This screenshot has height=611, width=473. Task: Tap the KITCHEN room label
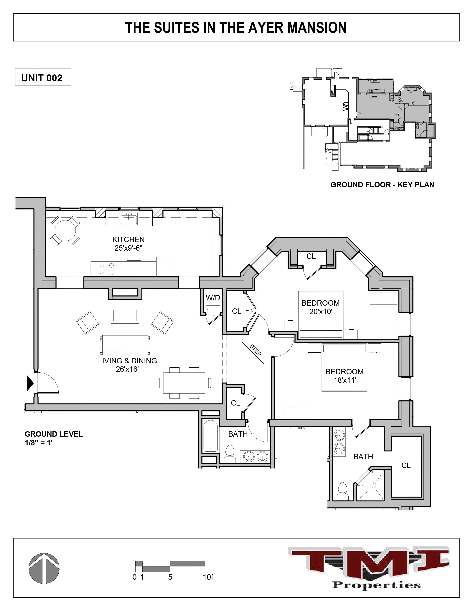point(128,240)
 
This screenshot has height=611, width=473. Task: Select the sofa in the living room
point(125,344)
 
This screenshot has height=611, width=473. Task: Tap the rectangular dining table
point(184,382)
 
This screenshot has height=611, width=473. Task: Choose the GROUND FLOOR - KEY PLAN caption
point(382,185)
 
